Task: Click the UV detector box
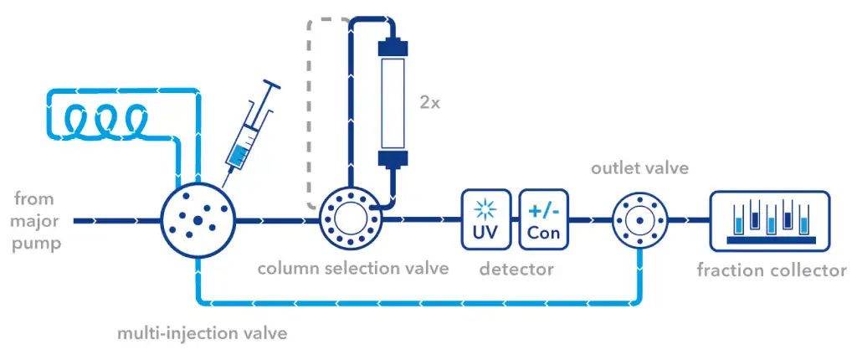click(485, 219)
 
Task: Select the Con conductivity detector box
click(544, 219)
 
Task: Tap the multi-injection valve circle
click(198, 221)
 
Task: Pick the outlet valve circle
click(640, 220)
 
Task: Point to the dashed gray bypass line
click(311, 109)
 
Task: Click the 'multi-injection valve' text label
click(202, 333)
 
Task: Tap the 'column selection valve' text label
click(352, 269)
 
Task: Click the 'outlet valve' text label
click(639, 167)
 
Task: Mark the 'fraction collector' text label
click(771, 270)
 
